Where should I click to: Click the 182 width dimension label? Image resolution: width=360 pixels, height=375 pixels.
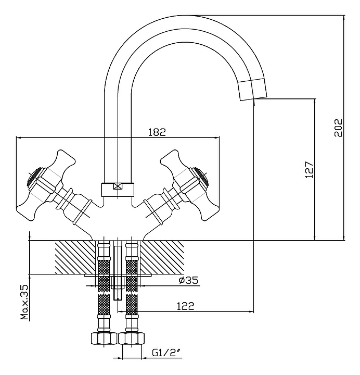click(x=157, y=132)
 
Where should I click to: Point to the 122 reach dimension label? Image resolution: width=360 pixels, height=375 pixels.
click(x=185, y=306)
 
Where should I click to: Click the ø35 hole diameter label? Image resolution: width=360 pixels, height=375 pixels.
click(x=188, y=281)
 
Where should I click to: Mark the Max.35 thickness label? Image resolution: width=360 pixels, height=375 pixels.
click(x=24, y=303)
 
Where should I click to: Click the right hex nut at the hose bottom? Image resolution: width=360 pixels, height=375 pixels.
click(x=132, y=338)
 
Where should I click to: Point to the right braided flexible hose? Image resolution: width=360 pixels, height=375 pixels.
click(x=132, y=292)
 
